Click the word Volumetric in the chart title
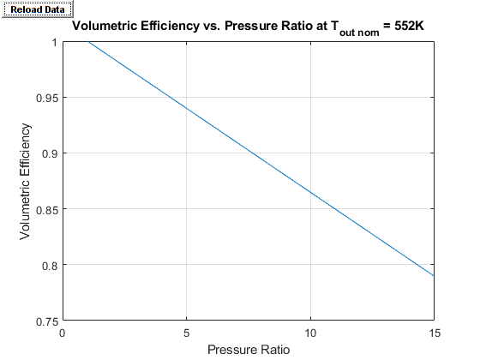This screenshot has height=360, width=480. tap(106, 27)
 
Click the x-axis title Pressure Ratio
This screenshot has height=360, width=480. tap(249, 349)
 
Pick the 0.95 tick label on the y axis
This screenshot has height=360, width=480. tap(45, 98)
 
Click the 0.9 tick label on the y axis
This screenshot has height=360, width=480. tap(48, 153)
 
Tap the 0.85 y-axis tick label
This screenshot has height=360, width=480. tap(45, 209)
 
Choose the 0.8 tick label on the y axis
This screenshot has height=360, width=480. tap(48, 265)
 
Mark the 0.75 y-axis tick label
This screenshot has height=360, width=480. tap(45, 321)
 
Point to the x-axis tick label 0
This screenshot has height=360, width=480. tap(63, 333)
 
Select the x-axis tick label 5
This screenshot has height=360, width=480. tap(187, 333)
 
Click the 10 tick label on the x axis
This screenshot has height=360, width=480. tap(311, 333)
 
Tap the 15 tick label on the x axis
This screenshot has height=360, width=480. tap(435, 333)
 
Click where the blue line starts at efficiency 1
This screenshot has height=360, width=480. tap(87, 42)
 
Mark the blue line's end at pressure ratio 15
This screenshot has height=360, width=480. tap(435, 276)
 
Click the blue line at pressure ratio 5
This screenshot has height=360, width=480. tap(187, 109)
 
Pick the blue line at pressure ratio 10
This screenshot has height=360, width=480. tap(311, 192)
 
